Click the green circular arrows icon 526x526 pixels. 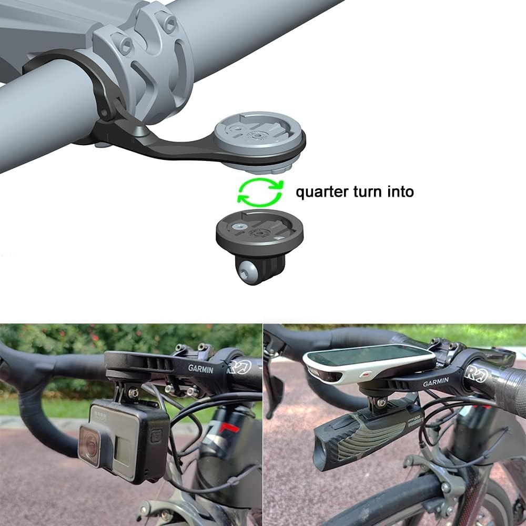pos(260,191)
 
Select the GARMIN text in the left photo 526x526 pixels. pos(201,369)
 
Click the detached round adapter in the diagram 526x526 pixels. pos(259,231)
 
